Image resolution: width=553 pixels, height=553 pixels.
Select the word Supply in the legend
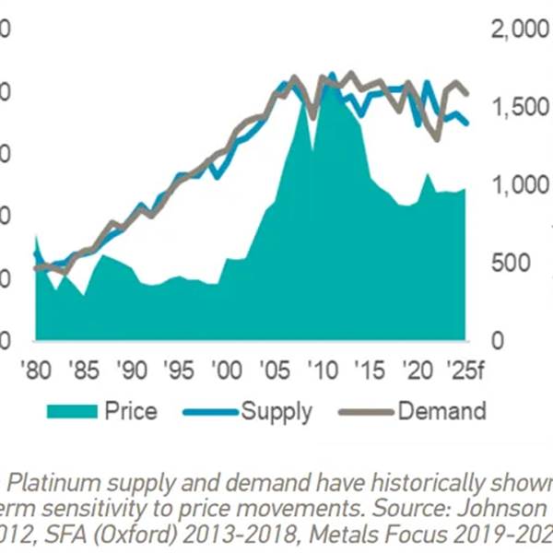tap(276, 411)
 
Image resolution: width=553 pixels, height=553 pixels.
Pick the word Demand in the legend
tap(441, 411)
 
